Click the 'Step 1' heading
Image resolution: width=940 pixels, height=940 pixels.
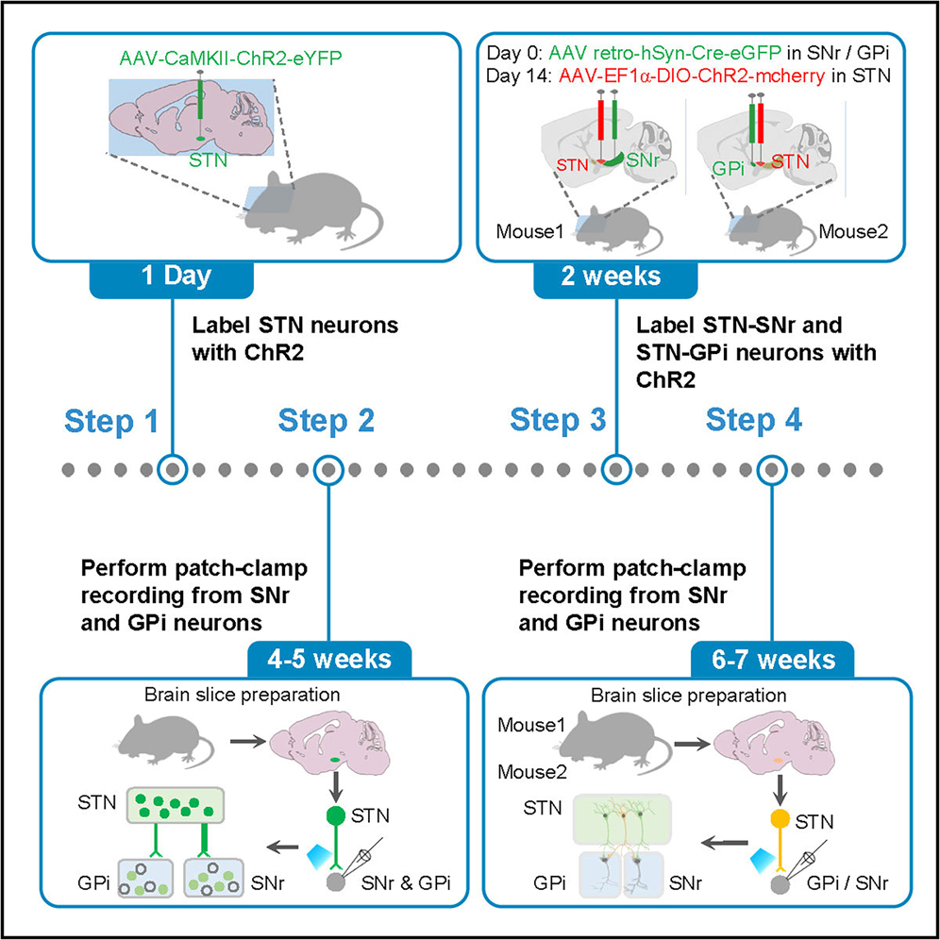(111, 422)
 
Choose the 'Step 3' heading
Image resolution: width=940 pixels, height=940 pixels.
(557, 422)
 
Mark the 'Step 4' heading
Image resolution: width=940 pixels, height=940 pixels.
(755, 422)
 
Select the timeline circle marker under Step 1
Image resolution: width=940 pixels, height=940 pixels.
(172, 468)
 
